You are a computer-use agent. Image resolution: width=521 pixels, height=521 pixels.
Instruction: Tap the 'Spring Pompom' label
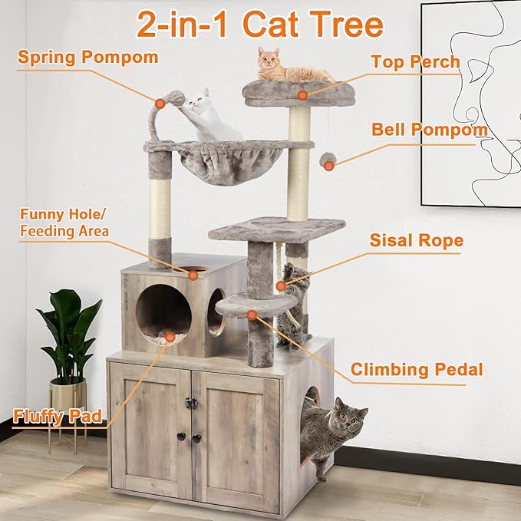[88, 58]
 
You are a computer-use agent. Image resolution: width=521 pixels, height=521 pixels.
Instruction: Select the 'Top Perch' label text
[415, 62]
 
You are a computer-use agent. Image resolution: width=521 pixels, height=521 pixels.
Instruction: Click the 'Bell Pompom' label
[430, 130]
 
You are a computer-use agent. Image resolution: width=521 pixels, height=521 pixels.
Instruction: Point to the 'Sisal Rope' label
[417, 241]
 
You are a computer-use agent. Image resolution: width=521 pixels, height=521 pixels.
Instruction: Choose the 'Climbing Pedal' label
[417, 370]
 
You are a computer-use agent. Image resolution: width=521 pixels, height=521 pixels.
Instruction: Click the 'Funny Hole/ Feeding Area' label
[64, 223]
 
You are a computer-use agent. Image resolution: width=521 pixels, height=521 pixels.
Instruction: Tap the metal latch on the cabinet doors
[191, 403]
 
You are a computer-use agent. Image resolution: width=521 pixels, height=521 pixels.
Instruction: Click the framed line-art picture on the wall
[470, 104]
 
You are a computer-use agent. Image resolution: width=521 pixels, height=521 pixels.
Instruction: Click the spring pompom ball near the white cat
[174, 99]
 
